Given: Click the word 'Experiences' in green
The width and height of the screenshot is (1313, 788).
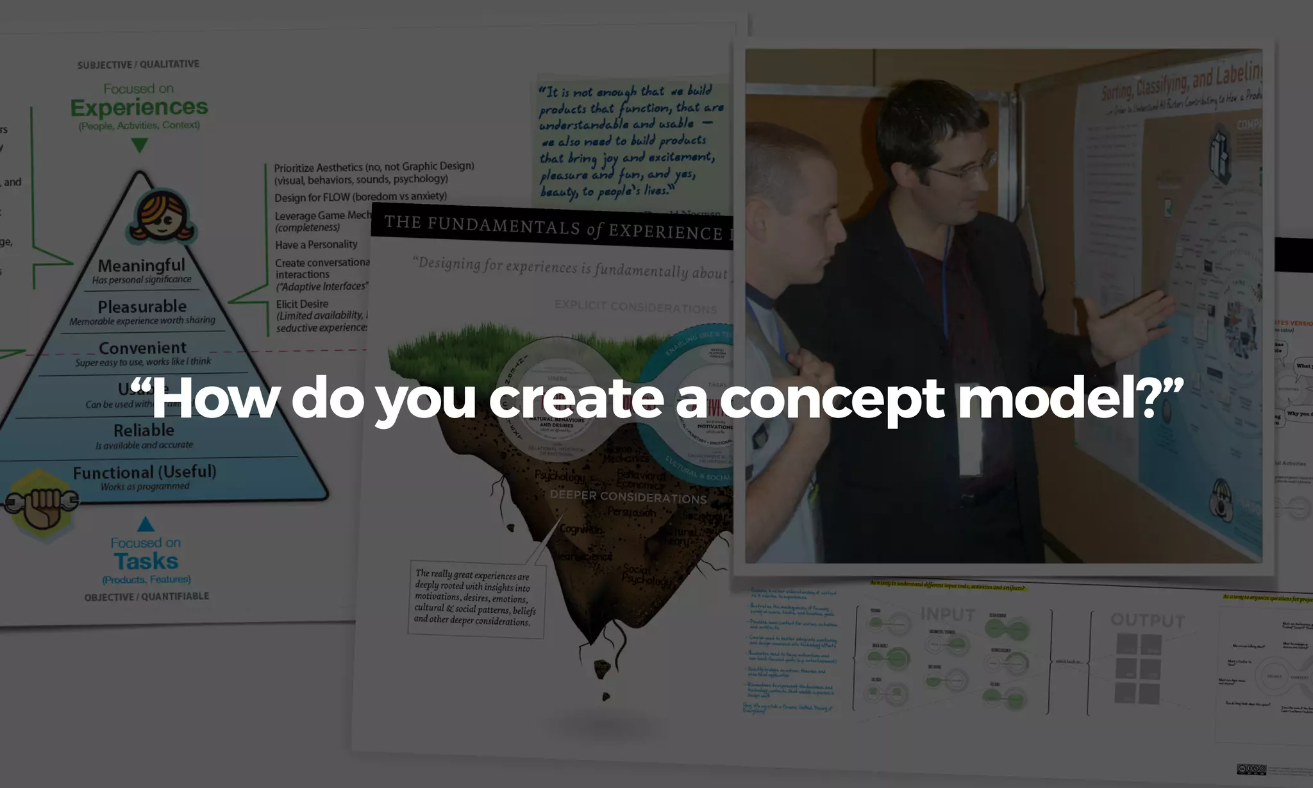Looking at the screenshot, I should [139, 107].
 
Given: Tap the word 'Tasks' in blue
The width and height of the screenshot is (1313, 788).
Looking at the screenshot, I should [146, 561].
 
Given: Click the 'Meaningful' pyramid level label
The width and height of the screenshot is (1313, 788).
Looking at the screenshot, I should [141, 265].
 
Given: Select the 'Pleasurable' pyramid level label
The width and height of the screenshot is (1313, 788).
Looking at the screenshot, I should [142, 306].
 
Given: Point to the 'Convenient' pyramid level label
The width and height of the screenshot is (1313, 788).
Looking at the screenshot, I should [142, 348].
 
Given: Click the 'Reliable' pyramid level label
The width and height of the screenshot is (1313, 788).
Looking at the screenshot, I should [144, 430].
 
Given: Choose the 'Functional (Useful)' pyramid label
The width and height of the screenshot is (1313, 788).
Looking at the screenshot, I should [144, 472].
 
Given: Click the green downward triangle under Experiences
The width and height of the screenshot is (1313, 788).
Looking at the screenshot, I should [139, 144].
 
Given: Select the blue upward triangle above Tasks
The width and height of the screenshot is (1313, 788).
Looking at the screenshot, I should [146, 524].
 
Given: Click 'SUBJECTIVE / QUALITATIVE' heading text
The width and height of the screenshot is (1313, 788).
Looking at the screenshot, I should [138, 65].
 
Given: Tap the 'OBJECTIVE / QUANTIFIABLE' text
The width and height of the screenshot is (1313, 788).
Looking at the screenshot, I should [147, 597].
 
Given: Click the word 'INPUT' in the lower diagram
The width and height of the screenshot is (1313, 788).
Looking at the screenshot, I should [948, 614].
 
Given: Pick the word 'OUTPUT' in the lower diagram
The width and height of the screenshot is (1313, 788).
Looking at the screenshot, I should [1148, 620].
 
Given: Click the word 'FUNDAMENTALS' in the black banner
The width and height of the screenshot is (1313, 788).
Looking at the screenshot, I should [503, 226].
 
